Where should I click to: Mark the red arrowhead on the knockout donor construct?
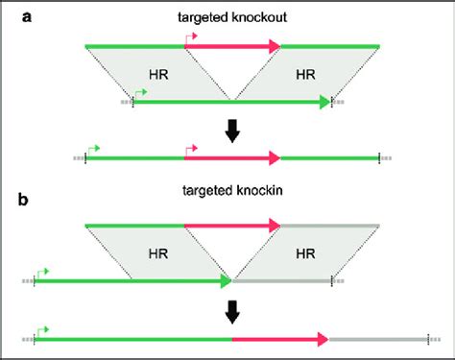[275, 45]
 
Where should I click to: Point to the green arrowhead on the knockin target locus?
[226, 281]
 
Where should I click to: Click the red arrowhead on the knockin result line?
[323, 339]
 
